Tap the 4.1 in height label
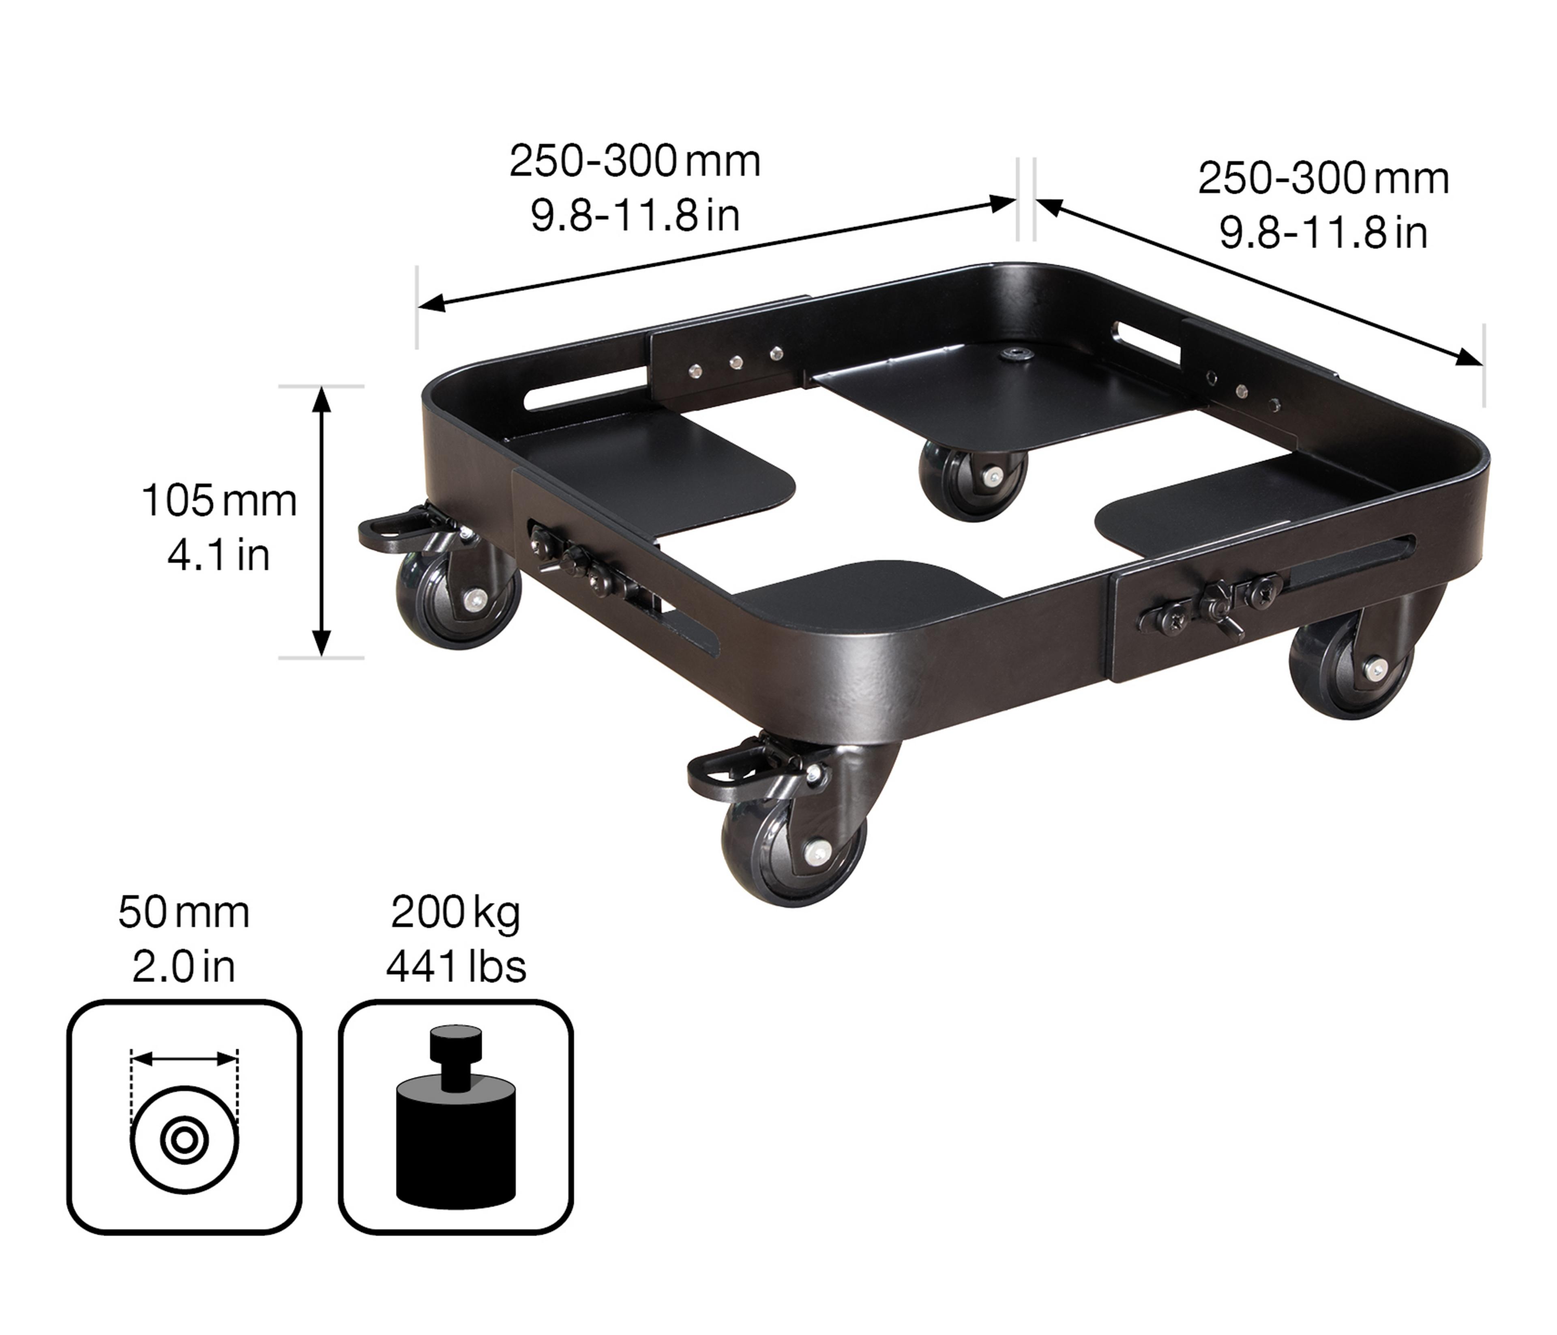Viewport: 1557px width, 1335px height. tap(219, 555)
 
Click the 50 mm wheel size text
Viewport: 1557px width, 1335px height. tap(184, 913)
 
